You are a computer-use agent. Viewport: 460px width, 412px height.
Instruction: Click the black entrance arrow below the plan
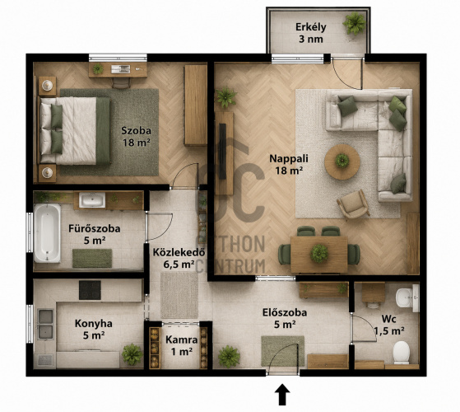282,395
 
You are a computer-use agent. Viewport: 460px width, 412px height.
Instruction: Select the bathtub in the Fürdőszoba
47,233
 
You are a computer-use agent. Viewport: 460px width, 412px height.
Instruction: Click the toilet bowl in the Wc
401,353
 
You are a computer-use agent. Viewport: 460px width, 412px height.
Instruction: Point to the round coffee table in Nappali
342,162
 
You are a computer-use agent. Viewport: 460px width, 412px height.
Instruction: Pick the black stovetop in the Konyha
90,290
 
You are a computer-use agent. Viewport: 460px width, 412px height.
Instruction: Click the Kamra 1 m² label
182,345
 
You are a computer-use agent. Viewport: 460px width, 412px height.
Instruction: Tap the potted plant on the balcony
355,23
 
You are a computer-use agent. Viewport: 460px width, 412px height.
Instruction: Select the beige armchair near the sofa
353,204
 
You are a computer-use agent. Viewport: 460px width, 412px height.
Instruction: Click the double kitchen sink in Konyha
45,324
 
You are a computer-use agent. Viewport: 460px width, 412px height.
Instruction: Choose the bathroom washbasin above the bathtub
92,200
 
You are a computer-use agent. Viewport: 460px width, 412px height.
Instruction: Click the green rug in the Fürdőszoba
92,258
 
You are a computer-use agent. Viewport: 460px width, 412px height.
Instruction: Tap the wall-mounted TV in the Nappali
223,152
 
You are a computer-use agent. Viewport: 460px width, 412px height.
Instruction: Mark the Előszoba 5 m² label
285,318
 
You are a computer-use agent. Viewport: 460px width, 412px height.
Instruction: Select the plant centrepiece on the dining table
319,254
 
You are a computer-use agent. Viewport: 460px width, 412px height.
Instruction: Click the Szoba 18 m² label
137,137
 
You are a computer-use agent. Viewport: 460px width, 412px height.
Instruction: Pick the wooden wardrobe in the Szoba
195,105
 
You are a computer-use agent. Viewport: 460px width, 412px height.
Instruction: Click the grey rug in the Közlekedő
179,295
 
